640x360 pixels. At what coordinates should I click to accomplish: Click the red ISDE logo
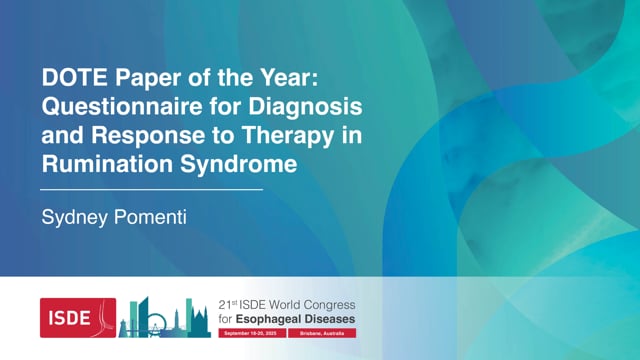pos(78,316)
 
